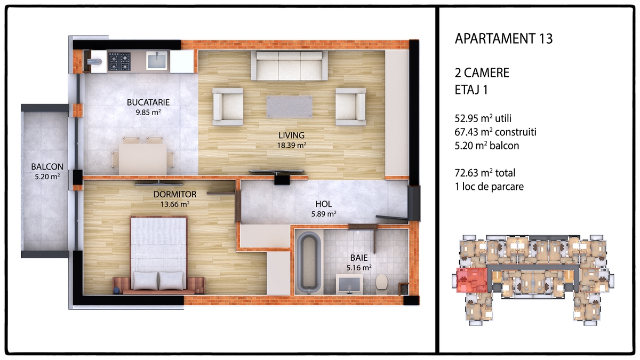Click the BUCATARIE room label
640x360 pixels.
coord(148,102)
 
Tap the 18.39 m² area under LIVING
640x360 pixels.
coord(292,146)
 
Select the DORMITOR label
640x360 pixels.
coord(175,195)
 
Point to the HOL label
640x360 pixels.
coord(324,204)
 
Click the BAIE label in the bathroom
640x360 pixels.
coord(359,258)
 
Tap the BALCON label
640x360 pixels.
coord(47,166)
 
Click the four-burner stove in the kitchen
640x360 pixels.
coord(119,61)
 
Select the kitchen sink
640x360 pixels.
coord(157,61)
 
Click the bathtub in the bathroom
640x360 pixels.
coord(309,261)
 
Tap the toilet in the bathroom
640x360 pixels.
coord(381,282)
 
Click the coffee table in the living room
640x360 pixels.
coord(289,107)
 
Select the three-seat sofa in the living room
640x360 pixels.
coord(290,66)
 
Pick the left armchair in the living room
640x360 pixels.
coord(228,107)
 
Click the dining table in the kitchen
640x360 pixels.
coord(143,158)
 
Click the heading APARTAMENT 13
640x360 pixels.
coord(503,38)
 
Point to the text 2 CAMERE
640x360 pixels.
coord(482,73)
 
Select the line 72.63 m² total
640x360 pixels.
coord(485,173)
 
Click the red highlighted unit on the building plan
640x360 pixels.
coord(471,280)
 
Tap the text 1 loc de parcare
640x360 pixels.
coord(489,187)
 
